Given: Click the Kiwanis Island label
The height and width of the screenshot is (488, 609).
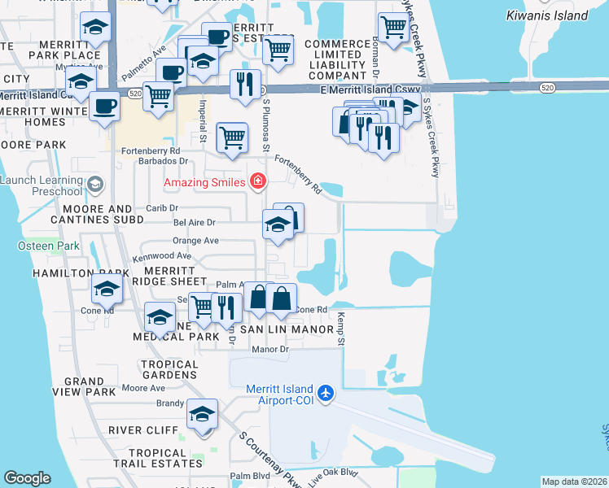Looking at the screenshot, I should pos(558,15).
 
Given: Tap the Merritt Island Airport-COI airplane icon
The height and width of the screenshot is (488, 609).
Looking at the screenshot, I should pos(326,393).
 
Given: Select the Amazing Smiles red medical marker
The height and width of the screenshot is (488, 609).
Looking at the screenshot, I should pos(258,181).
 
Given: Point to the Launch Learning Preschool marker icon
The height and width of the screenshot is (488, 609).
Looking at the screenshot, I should pos(95,183).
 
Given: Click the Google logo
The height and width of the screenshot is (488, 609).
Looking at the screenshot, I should pos(27,477).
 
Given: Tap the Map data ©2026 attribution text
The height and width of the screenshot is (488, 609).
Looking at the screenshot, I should pos(573,481).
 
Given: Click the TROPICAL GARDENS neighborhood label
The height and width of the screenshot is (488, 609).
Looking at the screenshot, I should pos(169,370).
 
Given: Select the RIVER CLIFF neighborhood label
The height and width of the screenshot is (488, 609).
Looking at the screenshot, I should pos(138,430).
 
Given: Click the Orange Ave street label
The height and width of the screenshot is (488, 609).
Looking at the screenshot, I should pos(195,241).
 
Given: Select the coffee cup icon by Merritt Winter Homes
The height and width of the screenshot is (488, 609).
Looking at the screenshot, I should pos(103,106).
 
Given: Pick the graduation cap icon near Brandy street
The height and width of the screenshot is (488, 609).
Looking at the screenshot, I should pos(202,415).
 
